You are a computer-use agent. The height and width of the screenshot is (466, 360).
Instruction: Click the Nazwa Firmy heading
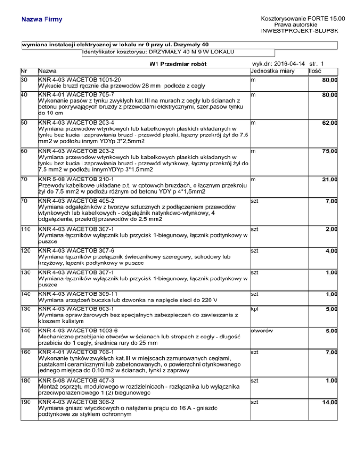tap(41, 20)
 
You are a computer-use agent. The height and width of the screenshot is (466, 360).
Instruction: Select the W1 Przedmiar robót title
tap(178, 64)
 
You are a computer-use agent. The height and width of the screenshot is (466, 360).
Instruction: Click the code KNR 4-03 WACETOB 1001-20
tap(80, 80)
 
